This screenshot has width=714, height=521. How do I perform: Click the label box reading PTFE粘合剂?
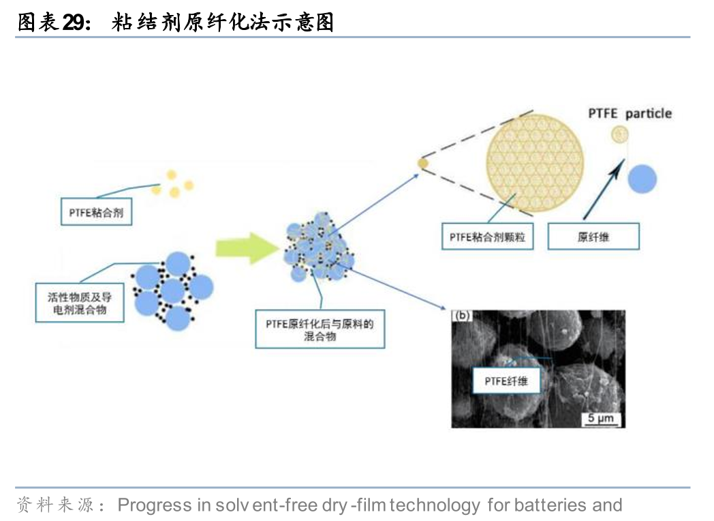tap(96, 213)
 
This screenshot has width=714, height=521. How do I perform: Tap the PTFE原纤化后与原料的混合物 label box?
tap(320, 329)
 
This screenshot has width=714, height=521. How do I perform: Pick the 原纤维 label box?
tap(593, 237)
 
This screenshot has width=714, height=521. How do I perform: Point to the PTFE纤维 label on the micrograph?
tap(506, 380)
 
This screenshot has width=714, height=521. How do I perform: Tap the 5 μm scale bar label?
tap(602, 417)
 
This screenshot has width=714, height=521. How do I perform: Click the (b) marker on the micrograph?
tap(463, 316)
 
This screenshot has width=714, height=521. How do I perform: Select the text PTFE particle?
tap(630, 113)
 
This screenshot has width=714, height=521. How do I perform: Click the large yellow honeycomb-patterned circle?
tap(535, 158)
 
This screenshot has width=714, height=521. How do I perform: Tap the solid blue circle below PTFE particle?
tap(642, 178)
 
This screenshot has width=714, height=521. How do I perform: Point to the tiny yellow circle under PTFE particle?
tap(620, 134)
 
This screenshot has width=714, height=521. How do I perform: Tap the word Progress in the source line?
tap(154, 505)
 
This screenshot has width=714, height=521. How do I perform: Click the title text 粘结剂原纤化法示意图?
tap(223, 22)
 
